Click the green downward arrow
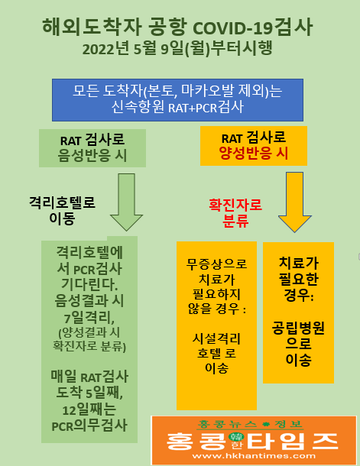point(127,202)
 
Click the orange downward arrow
point(294,202)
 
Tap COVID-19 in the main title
point(233,28)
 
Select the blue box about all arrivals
point(178,100)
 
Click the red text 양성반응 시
point(254,154)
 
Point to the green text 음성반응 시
point(92,155)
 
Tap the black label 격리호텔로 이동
point(62,210)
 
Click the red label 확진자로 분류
point(235,213)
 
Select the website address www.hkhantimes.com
point(254,456)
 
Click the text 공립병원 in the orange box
point(298,328)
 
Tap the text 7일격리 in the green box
point(89,318)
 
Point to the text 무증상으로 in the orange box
point(216,264)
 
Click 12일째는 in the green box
point(89,410)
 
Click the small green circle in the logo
point(236,437)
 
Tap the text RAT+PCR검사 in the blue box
point(206,108)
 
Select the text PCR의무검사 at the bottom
point(89,426)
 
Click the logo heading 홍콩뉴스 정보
point(250,424)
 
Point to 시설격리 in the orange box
point(216,338)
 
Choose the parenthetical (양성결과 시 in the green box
point(89,332)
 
